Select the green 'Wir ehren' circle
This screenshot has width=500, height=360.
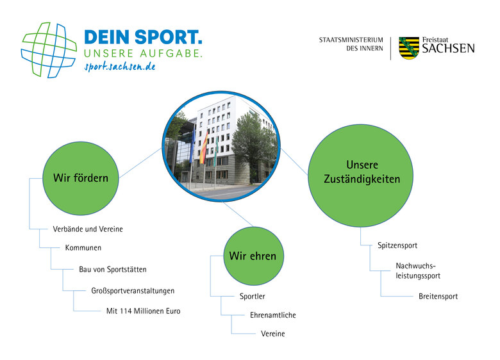tap(253, 256)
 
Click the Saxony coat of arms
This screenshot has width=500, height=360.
tap(409, 48)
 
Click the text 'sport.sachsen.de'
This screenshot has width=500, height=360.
tap(119, 67)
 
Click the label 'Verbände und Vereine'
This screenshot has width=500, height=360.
tap(87, 229)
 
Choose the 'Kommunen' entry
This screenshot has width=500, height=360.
tap(83, 248)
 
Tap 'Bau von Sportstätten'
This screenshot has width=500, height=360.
tap(113, 270)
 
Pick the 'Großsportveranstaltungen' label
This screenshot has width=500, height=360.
tap(133, 291)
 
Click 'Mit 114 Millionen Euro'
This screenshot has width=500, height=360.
tap(143, 311)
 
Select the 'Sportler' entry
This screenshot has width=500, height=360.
tap(253, 297)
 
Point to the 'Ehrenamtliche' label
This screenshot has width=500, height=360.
tap(273, 315)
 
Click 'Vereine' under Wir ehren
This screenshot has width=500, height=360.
tap(273, 334)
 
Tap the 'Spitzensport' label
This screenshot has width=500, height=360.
tap(397, 245)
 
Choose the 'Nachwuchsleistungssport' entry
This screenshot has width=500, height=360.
tap(418, 270)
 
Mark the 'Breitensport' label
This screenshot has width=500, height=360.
tap(438, 297)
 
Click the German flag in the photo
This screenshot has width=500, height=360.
tap(204, 149)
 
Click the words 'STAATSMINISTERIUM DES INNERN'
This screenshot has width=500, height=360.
tap(351, 44)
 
